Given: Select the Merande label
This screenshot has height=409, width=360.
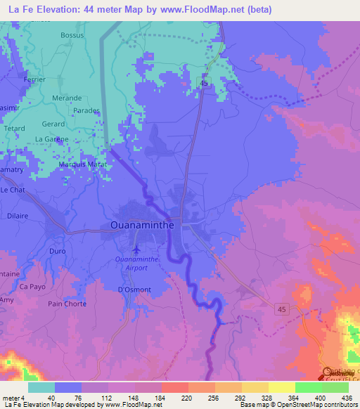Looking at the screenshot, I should [x=67, y=98].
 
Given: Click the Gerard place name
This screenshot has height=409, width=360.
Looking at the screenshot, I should [x=53, y=123].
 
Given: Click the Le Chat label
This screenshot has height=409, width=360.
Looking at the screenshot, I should [x=13, y=190].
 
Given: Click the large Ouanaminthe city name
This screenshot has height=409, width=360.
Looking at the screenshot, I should [x=146, y=226].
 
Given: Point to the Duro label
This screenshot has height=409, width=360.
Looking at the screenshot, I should [x=58, y=250].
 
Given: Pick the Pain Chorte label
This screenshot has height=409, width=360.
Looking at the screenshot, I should [x=67, y=304].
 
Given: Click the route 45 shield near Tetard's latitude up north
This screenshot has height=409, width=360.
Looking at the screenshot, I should [x=204, y=84].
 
